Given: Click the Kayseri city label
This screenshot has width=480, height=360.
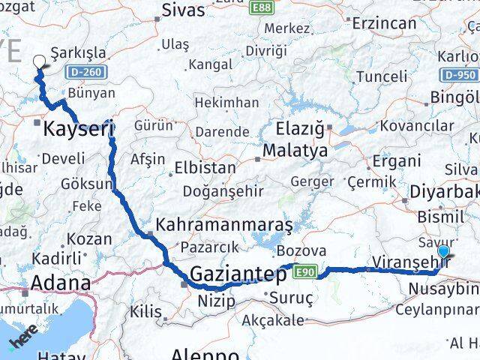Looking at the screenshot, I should click(x=79, y=129).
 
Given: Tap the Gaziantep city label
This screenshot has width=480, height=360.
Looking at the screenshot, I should click(x=237, y=274).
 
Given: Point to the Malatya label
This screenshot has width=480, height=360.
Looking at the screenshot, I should click(x=295, y=150).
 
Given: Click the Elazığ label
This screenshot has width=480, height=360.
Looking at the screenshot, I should click(x=300, y=127).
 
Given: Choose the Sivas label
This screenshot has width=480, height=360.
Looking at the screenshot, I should click(x=184, y=10).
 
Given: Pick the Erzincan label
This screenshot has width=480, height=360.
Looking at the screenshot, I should click(x=387, y=23).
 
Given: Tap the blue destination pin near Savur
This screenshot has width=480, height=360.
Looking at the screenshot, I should click(x=445, y=253).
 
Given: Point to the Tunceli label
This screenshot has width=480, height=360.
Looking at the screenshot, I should click(x=382, y=76).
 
